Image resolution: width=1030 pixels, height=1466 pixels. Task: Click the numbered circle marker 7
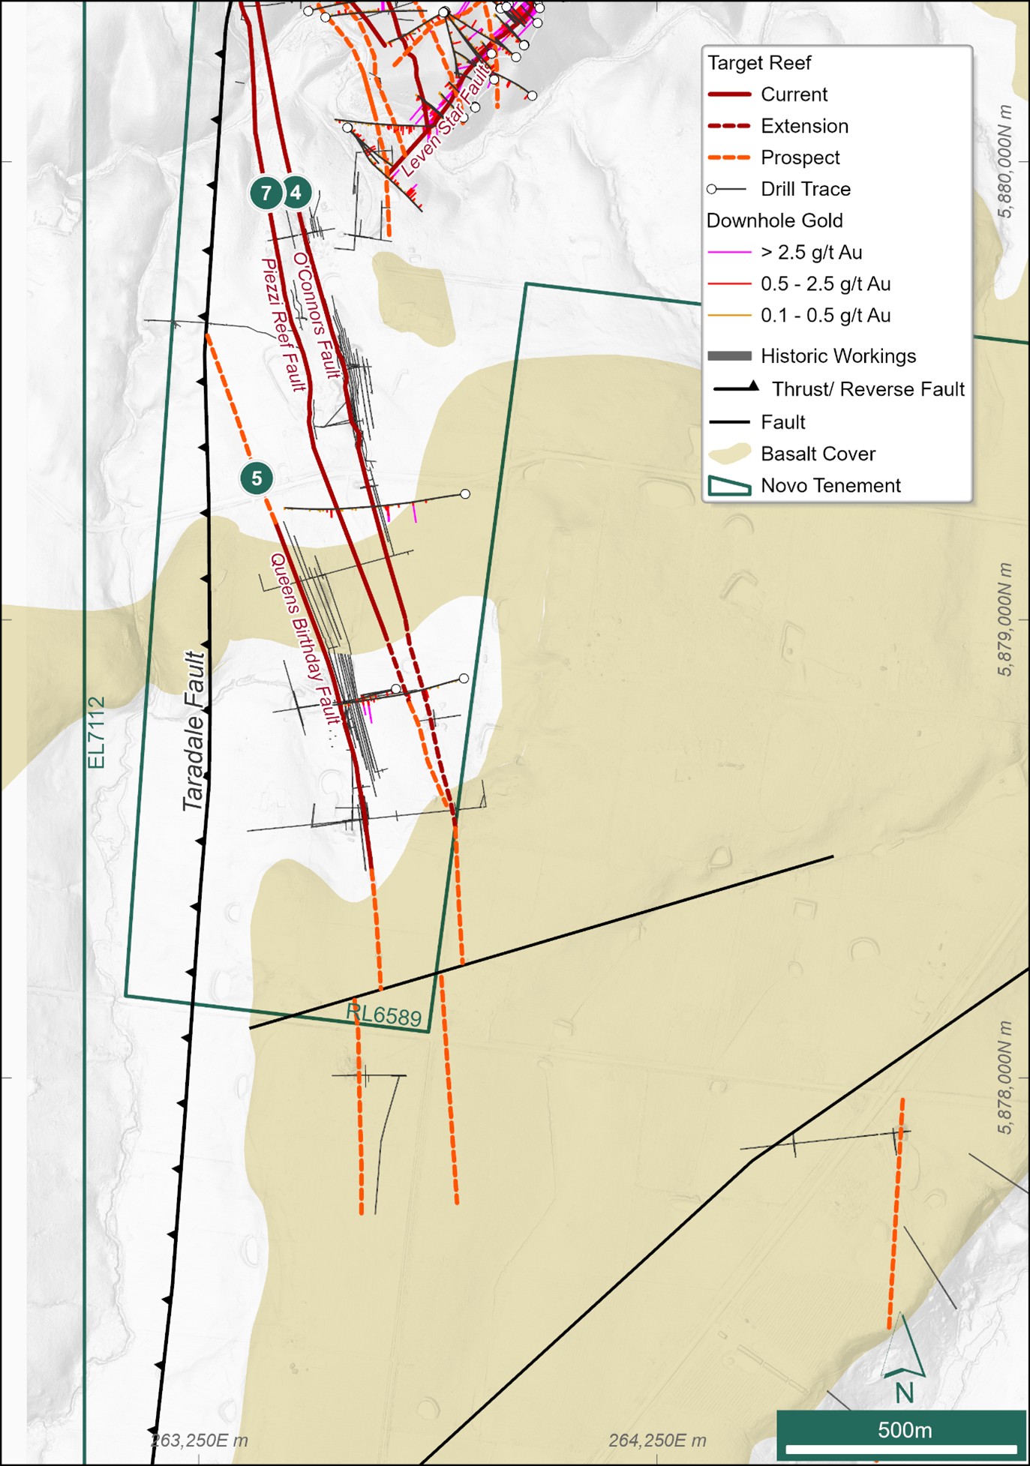tap(266, 193)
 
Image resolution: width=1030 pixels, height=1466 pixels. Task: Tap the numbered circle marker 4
tap(296, 193)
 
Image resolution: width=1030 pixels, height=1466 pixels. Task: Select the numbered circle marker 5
tap(257, 478)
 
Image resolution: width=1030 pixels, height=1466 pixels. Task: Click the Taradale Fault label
tap(194, 731)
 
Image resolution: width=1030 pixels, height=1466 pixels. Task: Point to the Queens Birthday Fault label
tap(305, 638)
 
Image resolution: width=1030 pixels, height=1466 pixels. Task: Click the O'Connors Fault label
tap(317, 315)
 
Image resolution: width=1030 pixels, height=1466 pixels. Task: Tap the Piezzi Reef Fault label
tap(284, 325)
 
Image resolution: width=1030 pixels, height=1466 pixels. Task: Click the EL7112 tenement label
tap(97, 733)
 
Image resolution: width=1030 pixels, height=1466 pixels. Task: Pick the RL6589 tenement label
tap(383, 1015)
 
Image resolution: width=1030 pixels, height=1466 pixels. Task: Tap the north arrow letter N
tap(905, 1393)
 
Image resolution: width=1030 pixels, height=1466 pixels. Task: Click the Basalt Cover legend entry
tap(818, 454)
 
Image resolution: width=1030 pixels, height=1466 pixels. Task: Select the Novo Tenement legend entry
tap(830, 485)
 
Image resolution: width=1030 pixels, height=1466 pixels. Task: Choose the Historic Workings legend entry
tap(838, 355)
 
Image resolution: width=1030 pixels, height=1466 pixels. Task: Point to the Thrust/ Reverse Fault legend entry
tap(868, 389)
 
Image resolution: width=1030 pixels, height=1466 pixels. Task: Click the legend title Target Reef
tap(759, 63)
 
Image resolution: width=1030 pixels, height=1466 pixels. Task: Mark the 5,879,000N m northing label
tap(1005, 619)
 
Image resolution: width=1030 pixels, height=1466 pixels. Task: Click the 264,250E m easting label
tap(657, 1441)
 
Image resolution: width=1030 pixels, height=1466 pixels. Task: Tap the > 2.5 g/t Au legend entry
tap(811, 252)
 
